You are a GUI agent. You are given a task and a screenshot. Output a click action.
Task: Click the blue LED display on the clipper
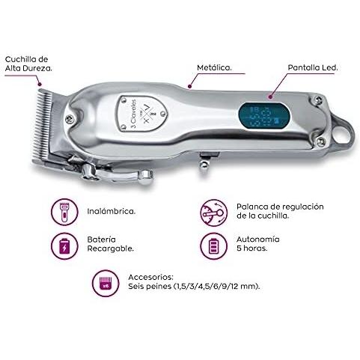click(x=265, y=116)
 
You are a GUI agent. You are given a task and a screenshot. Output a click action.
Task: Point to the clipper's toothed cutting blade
click(x=43, y=126)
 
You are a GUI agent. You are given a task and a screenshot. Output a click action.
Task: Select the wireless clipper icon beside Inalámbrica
click(x=64, y=212)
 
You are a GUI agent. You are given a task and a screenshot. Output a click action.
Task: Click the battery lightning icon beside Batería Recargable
click(x=64, y=246)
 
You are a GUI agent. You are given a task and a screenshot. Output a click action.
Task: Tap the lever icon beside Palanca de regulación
click(x=214, y=213)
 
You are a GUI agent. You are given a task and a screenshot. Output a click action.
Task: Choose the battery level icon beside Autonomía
click(x=214, y=246)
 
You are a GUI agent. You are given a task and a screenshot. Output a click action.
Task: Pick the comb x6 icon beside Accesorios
click(x=106, y=283)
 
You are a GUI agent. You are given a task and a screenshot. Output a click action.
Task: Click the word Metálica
click(x=214, y=67)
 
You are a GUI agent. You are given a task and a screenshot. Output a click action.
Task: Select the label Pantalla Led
click(x=313, y=67)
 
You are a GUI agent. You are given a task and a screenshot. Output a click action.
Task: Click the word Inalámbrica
click(x=112, y=211)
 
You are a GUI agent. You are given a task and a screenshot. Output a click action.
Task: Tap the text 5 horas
click(x=252, y=248)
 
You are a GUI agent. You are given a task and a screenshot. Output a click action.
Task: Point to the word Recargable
click(x=110, y=248)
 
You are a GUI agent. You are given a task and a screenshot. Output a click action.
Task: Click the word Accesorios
click(x=150, y=277)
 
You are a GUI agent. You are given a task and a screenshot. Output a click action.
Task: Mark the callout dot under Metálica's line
click(x=189, y=87)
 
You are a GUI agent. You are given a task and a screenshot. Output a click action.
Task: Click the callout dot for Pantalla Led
click(x=271, y=97)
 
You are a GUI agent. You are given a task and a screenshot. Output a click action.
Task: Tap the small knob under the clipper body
click(x=204, y=164)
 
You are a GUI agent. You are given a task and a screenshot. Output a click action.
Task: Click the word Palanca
click(x=252, y=207)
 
